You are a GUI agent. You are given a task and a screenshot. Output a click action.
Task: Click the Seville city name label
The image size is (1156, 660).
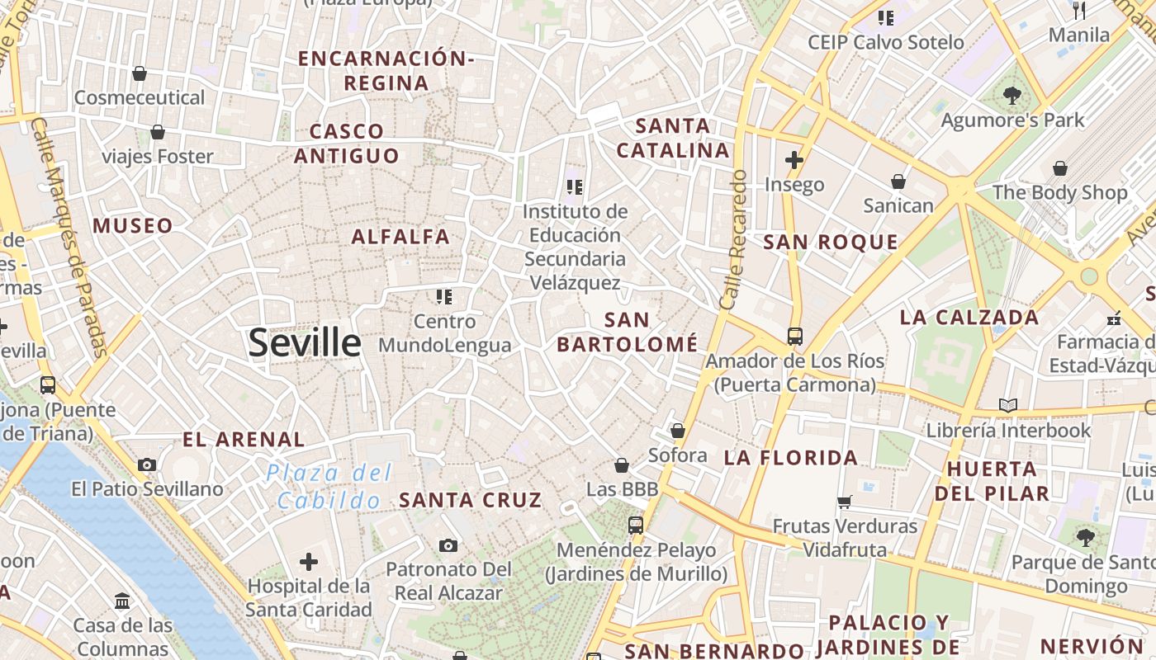305,342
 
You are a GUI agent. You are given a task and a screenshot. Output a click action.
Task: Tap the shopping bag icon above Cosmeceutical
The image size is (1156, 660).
140,73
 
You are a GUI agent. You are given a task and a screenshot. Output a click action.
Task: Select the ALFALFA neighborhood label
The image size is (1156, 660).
400,237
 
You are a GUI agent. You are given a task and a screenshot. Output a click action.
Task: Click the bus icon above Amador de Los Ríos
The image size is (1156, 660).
794,337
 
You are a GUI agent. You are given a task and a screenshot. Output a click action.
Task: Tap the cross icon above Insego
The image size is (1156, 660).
794,160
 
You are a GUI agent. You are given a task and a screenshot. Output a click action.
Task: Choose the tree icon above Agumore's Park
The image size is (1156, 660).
1012,96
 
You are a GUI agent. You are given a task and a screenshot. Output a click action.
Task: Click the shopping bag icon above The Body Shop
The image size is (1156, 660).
1060,169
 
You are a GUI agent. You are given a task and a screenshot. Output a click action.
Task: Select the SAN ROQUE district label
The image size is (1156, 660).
830,242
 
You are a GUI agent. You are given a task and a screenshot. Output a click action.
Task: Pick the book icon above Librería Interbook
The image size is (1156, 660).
1007,405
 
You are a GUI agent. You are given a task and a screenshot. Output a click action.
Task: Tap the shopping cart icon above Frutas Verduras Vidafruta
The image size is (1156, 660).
844,502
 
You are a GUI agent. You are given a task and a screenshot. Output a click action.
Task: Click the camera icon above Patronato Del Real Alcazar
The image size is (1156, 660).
448,545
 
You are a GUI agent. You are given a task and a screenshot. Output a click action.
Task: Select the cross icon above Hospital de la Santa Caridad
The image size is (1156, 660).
309,563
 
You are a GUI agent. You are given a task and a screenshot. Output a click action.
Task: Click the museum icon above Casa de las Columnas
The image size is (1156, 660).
122,601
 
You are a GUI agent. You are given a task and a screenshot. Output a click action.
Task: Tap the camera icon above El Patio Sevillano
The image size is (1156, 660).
147,464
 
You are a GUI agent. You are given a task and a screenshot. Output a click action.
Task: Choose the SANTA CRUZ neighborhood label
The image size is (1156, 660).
471,500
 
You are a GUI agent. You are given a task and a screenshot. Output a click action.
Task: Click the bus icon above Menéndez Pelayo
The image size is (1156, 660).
635,525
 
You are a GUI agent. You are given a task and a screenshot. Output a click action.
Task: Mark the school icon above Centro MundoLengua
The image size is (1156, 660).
444,296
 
